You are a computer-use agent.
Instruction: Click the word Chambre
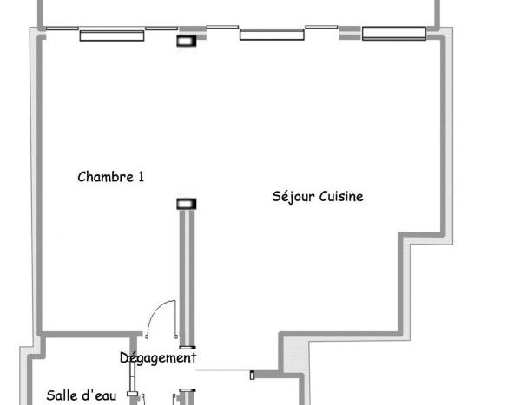tap(106, 177)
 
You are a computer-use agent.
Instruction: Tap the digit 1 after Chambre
tap(141, 177)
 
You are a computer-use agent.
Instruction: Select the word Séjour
tap(293, 197)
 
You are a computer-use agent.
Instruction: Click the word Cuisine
tap(341, 196)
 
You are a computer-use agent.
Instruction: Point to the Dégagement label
tap(158, 358)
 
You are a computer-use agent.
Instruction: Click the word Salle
tap(63, 395)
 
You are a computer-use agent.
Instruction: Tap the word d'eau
tap(99, 395)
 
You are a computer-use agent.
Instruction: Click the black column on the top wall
tap(187, 41)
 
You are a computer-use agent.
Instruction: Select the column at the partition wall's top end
tap(187, 204)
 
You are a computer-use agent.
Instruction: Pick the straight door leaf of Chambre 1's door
tap(175, 318)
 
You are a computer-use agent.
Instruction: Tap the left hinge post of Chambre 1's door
tap(147, 336)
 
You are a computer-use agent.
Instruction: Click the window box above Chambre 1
tap(112, 36)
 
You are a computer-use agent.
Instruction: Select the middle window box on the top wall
tap(272, 35)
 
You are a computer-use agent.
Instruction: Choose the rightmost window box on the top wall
tap(394, 34)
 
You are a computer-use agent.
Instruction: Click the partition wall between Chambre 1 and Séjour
tap(188, 278)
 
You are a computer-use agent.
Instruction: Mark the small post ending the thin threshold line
tap(253, 375)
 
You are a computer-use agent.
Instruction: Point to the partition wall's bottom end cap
tap(188, 348)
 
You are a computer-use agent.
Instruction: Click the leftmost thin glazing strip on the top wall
tap(63, 29)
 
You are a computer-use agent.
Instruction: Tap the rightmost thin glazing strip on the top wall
tap(322, 27)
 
